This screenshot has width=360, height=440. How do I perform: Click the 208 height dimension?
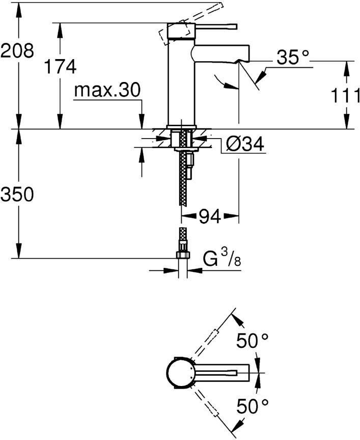17,50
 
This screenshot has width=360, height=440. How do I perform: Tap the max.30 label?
106,91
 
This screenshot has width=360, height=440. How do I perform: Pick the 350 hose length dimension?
17,194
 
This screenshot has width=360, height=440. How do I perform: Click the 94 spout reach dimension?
209,217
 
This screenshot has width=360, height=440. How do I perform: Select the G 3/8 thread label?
222,260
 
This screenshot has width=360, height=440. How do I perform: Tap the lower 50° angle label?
252,406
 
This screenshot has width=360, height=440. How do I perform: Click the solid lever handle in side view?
214,25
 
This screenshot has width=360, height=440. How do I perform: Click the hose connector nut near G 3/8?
182,255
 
